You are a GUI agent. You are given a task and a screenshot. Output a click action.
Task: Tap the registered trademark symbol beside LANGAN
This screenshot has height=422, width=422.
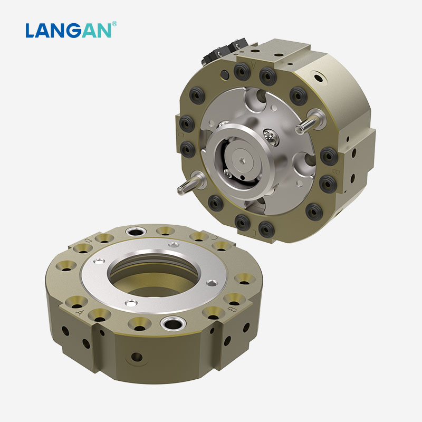114,24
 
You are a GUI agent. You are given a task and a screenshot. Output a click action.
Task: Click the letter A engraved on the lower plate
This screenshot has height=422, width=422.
80,312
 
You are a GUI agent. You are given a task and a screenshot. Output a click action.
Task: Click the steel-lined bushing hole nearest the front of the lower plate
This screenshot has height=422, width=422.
172,322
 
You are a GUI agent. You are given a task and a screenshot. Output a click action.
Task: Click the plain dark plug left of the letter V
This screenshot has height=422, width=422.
226,73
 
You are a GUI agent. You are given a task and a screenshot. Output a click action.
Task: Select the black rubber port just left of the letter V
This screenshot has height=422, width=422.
243,70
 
